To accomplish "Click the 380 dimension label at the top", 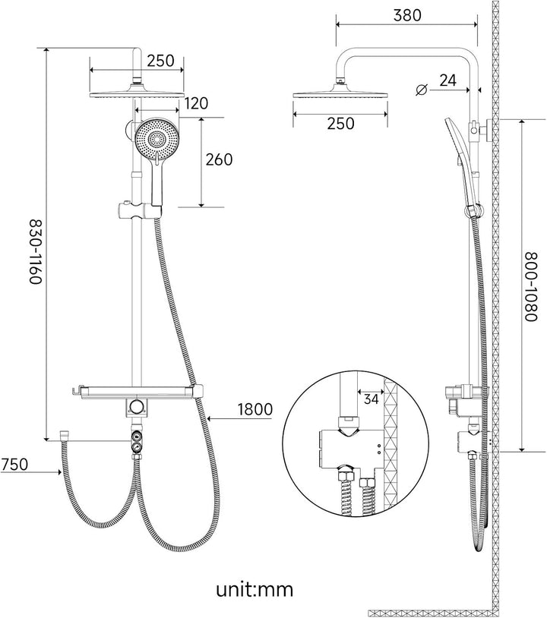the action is tap(407, 15).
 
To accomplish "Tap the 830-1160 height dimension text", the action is tap(36, 252).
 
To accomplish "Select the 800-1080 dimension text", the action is tap(533, 286).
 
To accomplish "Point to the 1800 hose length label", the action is tap(255, 409).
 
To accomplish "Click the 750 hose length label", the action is tap(14, 464).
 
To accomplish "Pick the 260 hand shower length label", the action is tap(220, 159).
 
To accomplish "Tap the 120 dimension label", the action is tap(196, 103).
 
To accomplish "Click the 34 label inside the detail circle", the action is tap(371, 399).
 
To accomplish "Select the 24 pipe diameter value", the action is tap(447, 80).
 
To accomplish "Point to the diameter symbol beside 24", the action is tap(421, 90).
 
